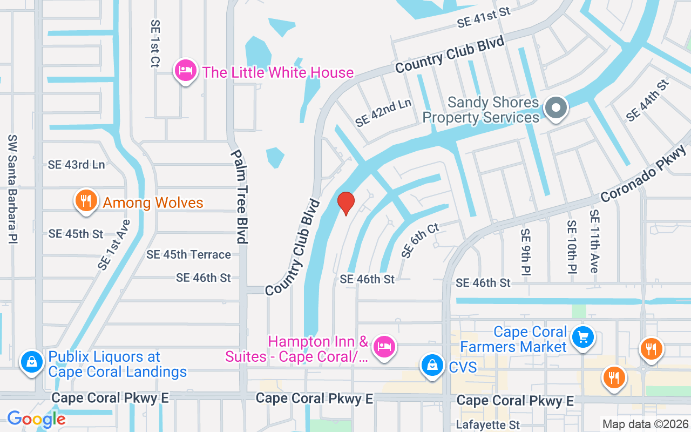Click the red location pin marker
coord(345,203)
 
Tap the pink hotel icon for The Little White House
coord(185,71)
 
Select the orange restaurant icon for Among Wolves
coord(85,201)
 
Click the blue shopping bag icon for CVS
coord(432,365)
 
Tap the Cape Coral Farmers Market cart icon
coord(582,337)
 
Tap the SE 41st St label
coord(483,17)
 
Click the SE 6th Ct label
coord(421,240)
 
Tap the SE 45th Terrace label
coord(188,254)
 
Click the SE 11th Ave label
coord(594,241)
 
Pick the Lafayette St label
coord(487,425)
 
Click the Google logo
coord(36,418)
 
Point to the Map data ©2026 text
coord(645,424)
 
